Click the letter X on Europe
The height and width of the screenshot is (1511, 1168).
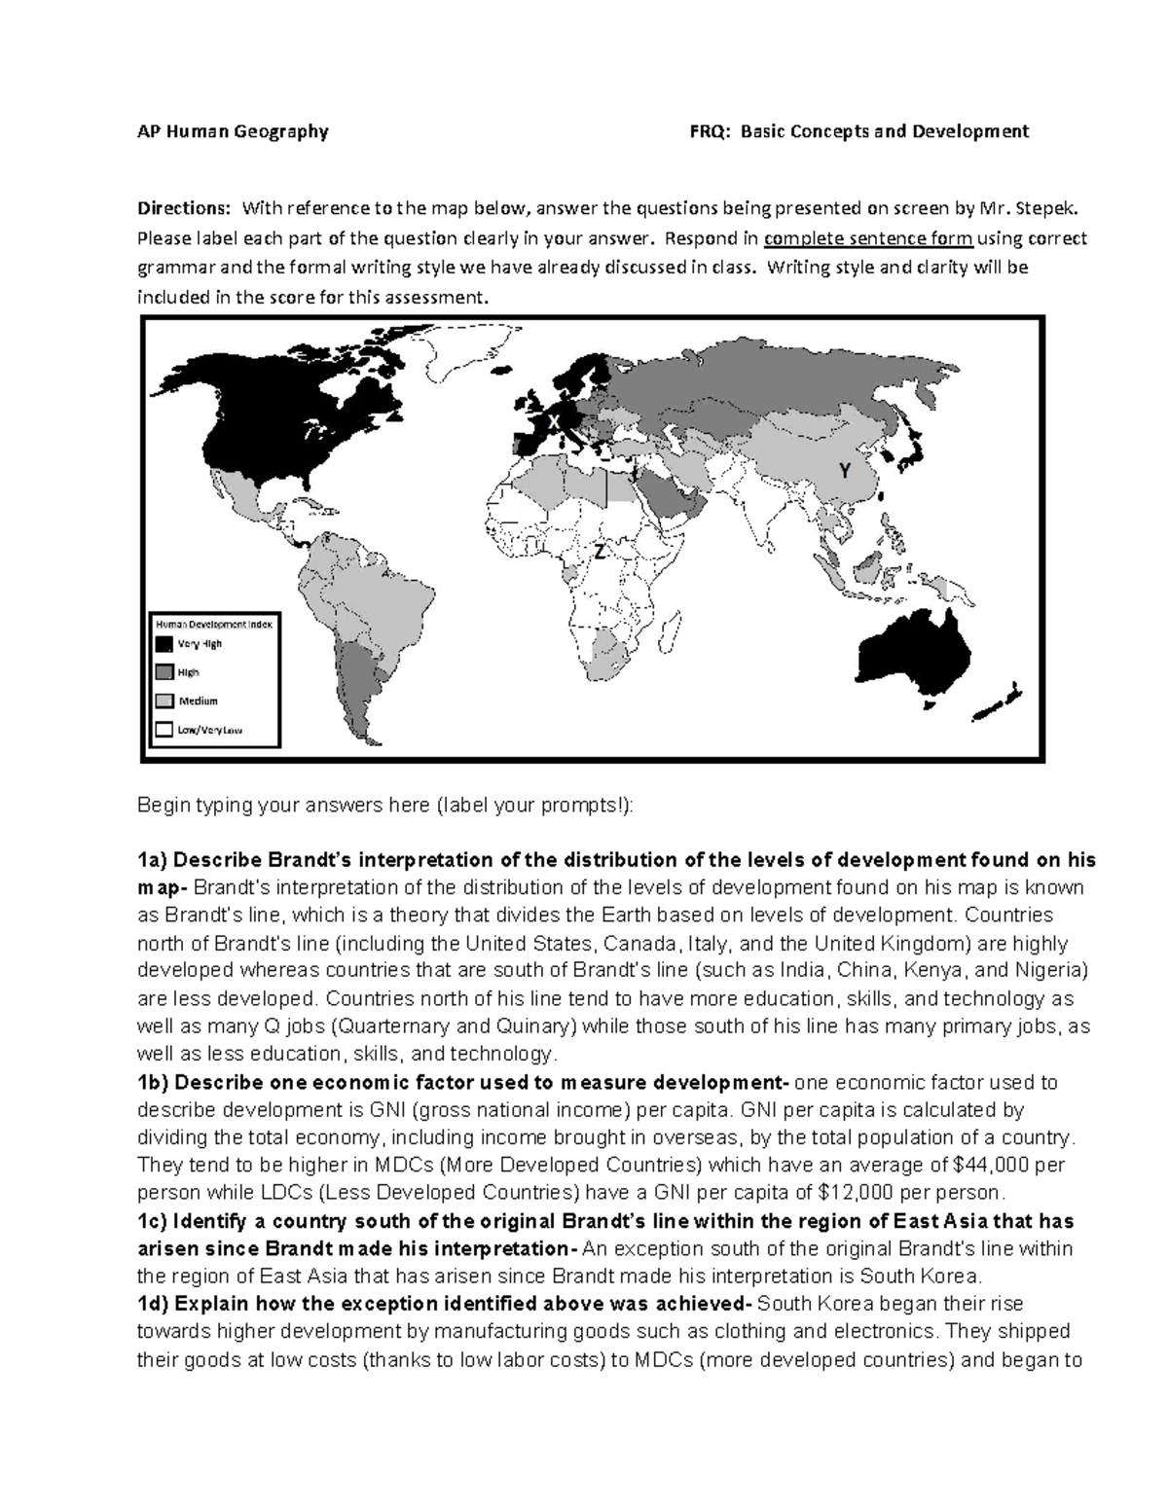point(553,421)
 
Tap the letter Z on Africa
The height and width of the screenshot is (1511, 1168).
point(600,552)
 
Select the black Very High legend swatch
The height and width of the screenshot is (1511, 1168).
point(164,644)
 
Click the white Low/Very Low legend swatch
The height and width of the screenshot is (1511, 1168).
point(164,729)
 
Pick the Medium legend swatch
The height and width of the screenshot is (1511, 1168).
point(164,701)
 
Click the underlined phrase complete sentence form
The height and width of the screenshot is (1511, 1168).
point(868,238)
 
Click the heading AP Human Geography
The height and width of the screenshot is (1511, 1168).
point(233,131)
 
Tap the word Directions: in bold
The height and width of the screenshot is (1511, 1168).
point(184,208)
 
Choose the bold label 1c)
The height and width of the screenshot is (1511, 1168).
point(153,1221)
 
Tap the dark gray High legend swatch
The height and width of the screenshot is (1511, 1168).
point(164,672)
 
